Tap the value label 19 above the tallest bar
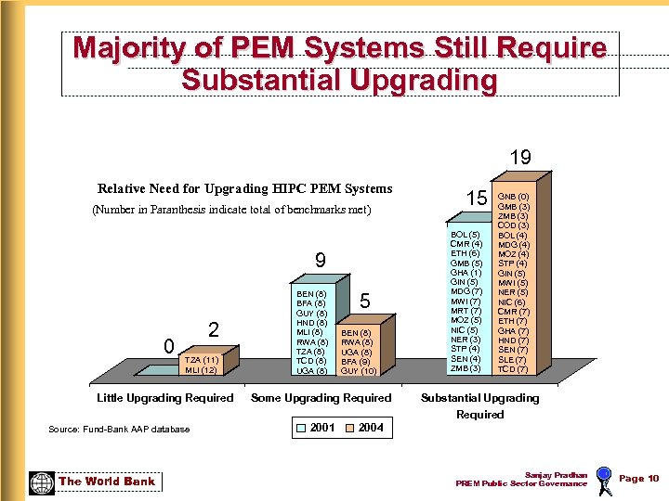point(520,158)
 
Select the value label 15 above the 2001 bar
point(477,199)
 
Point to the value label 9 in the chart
point(320,261)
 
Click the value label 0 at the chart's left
point(168,346)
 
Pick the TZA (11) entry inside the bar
point(202,359)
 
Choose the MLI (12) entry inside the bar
point(201,369)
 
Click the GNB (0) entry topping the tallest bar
point(514,197)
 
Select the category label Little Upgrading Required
point(165,398)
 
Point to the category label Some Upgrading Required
point(321,398)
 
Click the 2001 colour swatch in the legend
point(301,428)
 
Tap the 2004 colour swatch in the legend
point(349,428)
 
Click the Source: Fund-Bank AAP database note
point(119,429)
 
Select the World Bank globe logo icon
point(42,482)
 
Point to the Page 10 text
point(638,479)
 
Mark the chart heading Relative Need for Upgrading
point(244,188)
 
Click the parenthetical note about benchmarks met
point(231,210)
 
